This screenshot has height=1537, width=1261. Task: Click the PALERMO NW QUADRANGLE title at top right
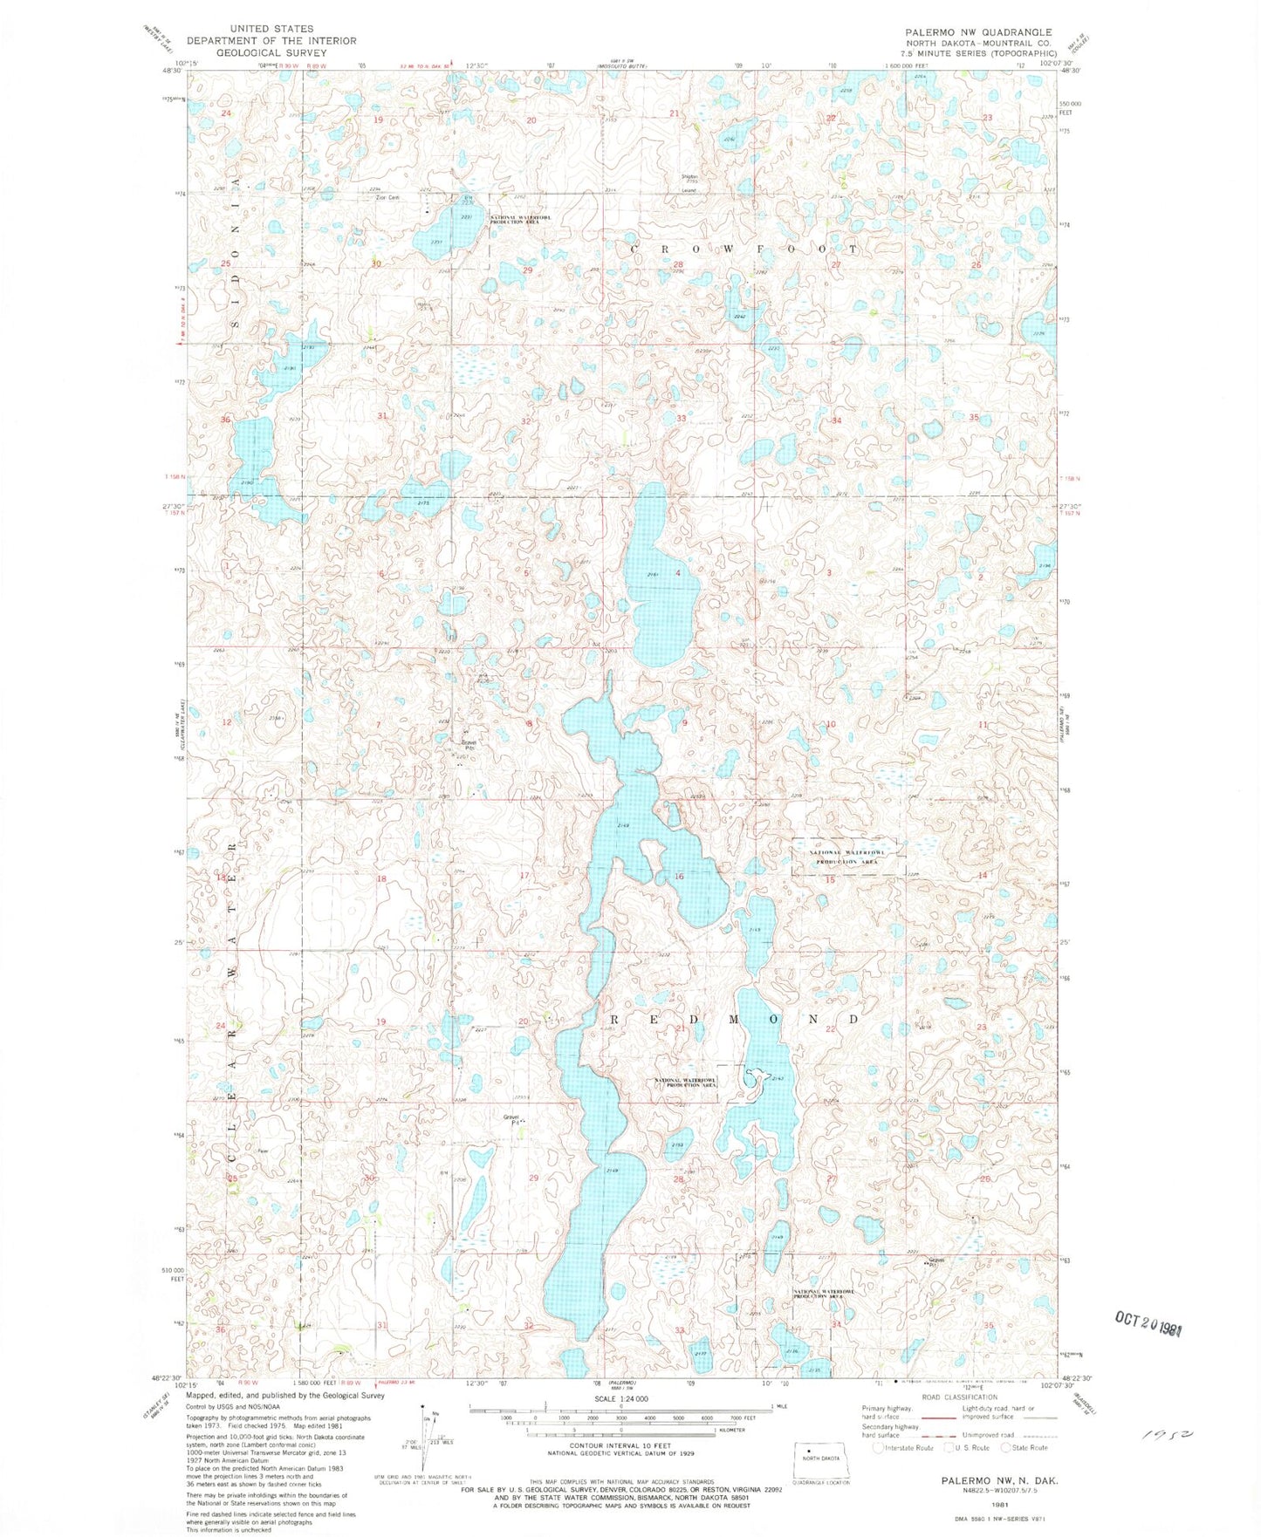pyautogui.click(x=978, y=31)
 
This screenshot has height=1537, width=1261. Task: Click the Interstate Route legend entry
pyautogui.click(x=904, y=1448)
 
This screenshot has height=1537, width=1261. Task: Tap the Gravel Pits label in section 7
pyautogui.click(x=469, y=745)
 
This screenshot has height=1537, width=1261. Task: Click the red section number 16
pyautogui.click(x=679, y=876)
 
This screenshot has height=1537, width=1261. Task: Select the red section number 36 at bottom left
pyautogui.click(x=222, y=1330)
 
